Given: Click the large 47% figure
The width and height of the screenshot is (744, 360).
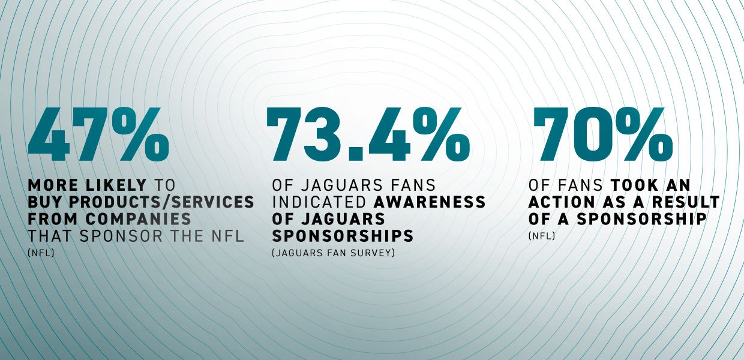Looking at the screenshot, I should click(98, 135).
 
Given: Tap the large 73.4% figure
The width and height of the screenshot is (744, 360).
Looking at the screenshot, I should click(367, 135).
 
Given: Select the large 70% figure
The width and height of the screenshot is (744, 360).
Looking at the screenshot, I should click(602, 135).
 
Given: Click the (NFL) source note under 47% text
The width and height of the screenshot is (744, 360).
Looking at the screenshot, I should click(41, 253).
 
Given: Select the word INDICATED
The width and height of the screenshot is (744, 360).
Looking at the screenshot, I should click(309, 202).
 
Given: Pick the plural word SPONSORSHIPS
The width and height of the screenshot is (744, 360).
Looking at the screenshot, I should click(339, 236).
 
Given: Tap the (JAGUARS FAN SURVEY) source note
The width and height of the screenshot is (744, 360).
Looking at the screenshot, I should click(334, 253).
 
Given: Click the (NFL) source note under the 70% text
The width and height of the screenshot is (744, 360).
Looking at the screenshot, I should click(542, 236).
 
